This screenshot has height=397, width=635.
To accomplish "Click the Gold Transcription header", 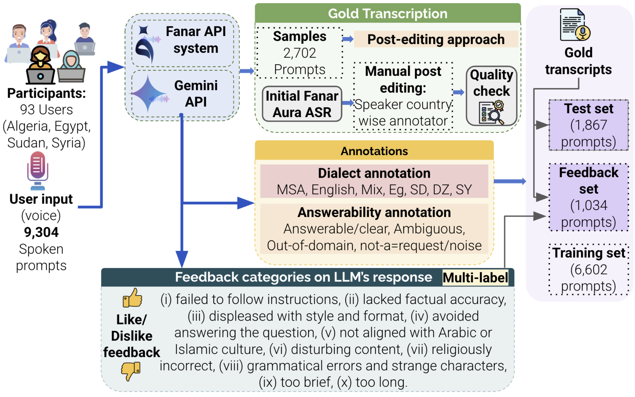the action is pyautogui.click(x=388, y=13).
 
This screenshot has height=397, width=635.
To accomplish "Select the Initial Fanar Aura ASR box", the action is pyautogui.click(x=302, y=104).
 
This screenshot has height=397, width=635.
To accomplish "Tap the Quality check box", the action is pyautogui.click(x=491, y=96).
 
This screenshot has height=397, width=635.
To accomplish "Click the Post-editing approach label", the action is pyautogui.click(x=436, y=40).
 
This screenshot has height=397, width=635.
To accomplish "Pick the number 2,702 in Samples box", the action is pyautogui.click(x=300, y=53).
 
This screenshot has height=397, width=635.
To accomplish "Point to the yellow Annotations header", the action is pyautogui.click(x=374, y=151).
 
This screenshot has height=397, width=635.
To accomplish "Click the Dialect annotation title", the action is pyautogui.click(x=374, y=173).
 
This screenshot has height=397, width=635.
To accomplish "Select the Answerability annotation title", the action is pyautogui.click(x=374, y=213).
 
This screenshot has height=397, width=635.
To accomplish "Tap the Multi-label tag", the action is pyautogui.click(x=475, y=278).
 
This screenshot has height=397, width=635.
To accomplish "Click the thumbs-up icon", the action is pyautogui.click(x=132, y=298).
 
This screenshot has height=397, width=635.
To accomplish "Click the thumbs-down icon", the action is pyautogui.click(x=131, y=371).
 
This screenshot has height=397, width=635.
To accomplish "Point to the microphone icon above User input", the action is pyautogui.click(x=38, y=170).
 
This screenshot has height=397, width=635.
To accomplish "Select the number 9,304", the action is pyautogui.click(x=41, y=232).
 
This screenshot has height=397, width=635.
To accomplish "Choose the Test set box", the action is pyautogui.click(x=589, y=125).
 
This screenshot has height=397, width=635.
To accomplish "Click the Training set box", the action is pyautogui.click(x=589, y=269).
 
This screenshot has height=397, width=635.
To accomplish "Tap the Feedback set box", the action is pyautogui.click(x=589, y=197).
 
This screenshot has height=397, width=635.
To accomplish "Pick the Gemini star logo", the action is pyautogui.click(x=149, y=94).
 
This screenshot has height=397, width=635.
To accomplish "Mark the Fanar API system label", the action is pyautogui.click(x=196, y=40).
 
